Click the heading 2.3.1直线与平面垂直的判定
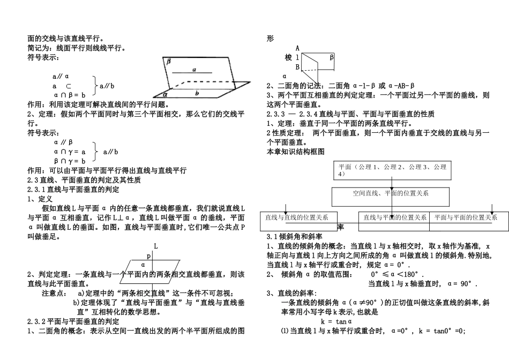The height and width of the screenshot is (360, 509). click(73, 189)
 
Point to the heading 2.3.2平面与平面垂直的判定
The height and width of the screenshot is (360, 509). click(73, 321)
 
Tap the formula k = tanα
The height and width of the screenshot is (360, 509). click(336, 321)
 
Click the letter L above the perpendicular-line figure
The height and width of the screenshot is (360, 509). click(155, 245)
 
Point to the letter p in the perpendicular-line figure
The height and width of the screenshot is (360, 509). click(149, 256)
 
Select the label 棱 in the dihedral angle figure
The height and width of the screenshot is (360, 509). click(289, 57)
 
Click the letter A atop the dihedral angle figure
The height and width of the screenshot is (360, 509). click(297, 48)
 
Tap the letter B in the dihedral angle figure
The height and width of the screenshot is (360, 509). click(297, 67)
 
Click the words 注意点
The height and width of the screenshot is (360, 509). click(54, 294)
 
